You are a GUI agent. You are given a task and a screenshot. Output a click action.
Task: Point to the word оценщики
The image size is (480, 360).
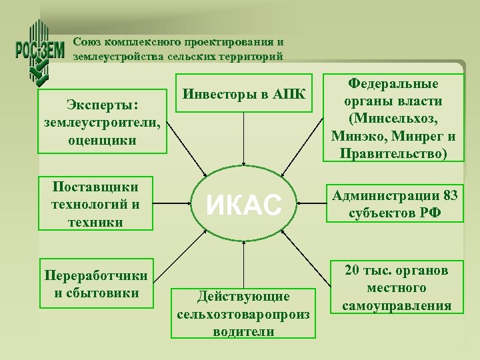click(102, 140)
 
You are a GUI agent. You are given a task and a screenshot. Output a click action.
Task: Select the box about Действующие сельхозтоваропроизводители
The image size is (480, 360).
click(243, 313)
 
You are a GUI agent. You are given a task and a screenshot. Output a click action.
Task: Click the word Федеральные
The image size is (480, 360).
click(393, 85)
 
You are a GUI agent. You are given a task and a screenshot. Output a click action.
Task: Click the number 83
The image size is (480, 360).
click(450, 196)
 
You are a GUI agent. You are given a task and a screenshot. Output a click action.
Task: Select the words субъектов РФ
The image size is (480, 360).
click(393, 213)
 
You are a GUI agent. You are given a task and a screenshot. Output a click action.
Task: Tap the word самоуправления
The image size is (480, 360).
click(397, 305)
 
